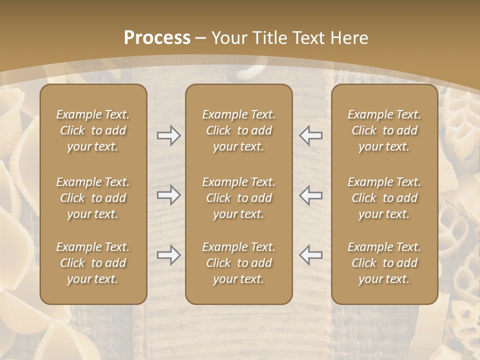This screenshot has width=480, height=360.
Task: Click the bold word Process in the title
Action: tap(157, 38)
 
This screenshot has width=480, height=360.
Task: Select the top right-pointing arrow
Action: tap(168, 135)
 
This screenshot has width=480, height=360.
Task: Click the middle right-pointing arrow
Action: tap(168, 195)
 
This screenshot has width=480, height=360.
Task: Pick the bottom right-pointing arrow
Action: tap(168, 255)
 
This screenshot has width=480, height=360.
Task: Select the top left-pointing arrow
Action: tap(310, 135)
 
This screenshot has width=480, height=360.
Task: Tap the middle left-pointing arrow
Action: tap(310, 195)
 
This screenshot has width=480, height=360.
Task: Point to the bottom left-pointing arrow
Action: tap(310, 255)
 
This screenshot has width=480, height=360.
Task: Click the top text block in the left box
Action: tap(93, 130)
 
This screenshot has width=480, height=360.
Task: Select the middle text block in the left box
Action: tap(93, 198)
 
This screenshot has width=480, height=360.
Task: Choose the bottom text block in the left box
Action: tap(93, 263)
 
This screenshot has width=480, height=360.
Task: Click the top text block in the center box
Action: tap(238, 130)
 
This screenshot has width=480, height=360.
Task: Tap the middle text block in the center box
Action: tap(238, 198)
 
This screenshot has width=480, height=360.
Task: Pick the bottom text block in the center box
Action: tap(238, 263)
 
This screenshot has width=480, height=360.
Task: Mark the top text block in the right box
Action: tap(384, 130)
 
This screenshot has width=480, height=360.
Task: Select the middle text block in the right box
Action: tap(384, 198)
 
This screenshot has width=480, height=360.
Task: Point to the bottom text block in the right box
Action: tap(384, 263)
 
